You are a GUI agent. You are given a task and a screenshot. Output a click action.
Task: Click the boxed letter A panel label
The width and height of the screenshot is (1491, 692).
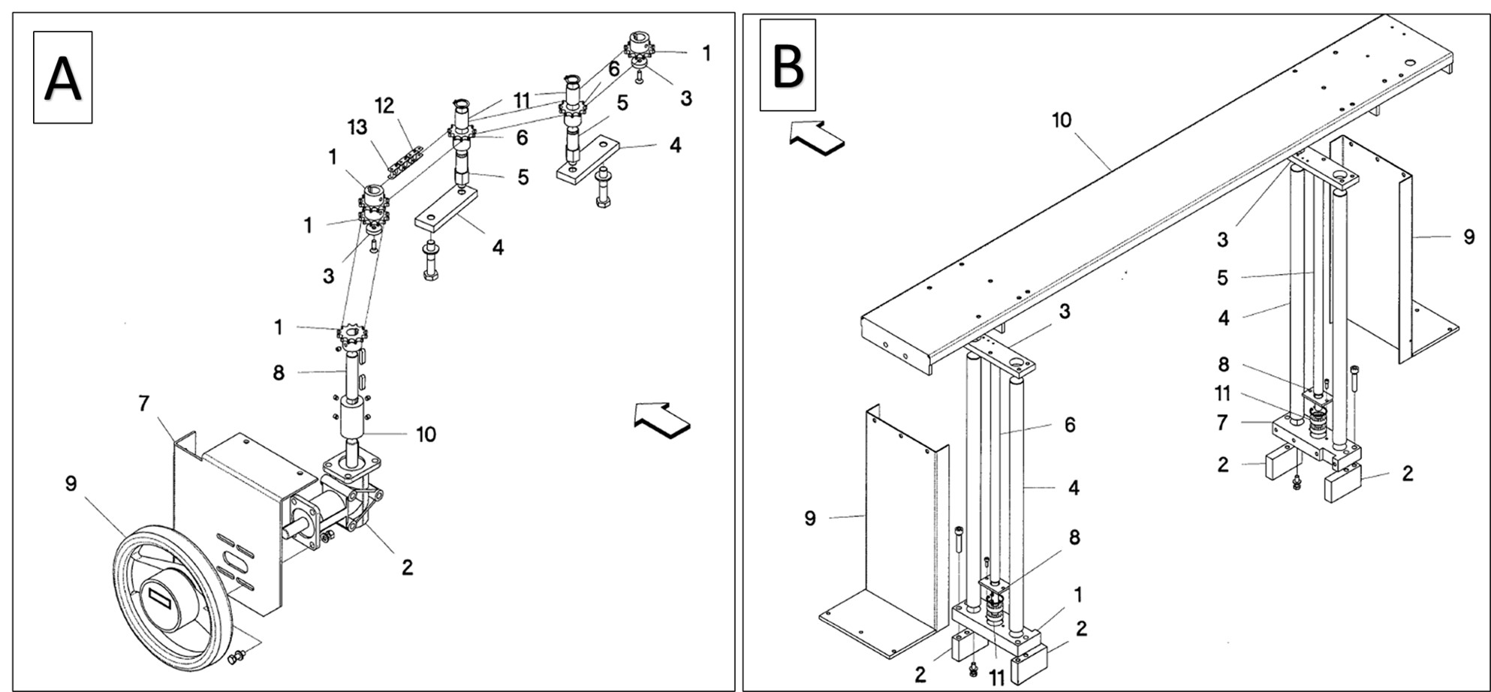point(62,77)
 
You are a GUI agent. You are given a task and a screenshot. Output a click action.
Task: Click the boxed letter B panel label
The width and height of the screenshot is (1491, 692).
point(788,65)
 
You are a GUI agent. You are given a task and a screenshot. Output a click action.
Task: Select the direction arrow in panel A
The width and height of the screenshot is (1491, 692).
point(661,419)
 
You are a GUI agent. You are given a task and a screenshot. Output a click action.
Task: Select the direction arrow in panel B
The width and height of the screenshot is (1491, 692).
point(817,138)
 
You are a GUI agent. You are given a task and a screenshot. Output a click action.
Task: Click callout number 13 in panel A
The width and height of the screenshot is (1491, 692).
point(357,127)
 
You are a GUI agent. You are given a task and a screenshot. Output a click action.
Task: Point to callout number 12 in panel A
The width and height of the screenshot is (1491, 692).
point(384,106)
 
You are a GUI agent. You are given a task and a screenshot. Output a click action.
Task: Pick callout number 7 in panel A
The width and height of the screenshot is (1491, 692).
point(143,404)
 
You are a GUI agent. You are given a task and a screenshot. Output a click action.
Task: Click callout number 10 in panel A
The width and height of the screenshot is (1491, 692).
point(426,435)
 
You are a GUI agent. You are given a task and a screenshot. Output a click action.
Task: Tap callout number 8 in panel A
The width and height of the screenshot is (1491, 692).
point(279,372)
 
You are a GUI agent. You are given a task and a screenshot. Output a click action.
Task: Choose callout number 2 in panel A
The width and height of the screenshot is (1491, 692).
point(407,567)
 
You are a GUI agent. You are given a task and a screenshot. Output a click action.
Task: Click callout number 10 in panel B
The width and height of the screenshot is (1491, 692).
point(1062,120)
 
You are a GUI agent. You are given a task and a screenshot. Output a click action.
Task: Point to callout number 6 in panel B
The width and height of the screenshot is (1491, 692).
point(1071,425)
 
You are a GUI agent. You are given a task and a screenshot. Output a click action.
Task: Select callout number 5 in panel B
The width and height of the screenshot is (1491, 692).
point(1222,278)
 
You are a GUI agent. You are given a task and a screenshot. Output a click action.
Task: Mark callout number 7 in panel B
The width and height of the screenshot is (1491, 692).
point(1222,423)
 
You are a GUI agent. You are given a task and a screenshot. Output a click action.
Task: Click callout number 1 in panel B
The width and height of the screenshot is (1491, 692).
point(1078,595)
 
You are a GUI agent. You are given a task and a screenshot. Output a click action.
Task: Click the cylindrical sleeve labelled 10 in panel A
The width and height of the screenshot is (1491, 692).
point(351,418)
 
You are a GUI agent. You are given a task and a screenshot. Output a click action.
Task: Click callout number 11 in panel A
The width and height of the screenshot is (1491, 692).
point(522,100)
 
